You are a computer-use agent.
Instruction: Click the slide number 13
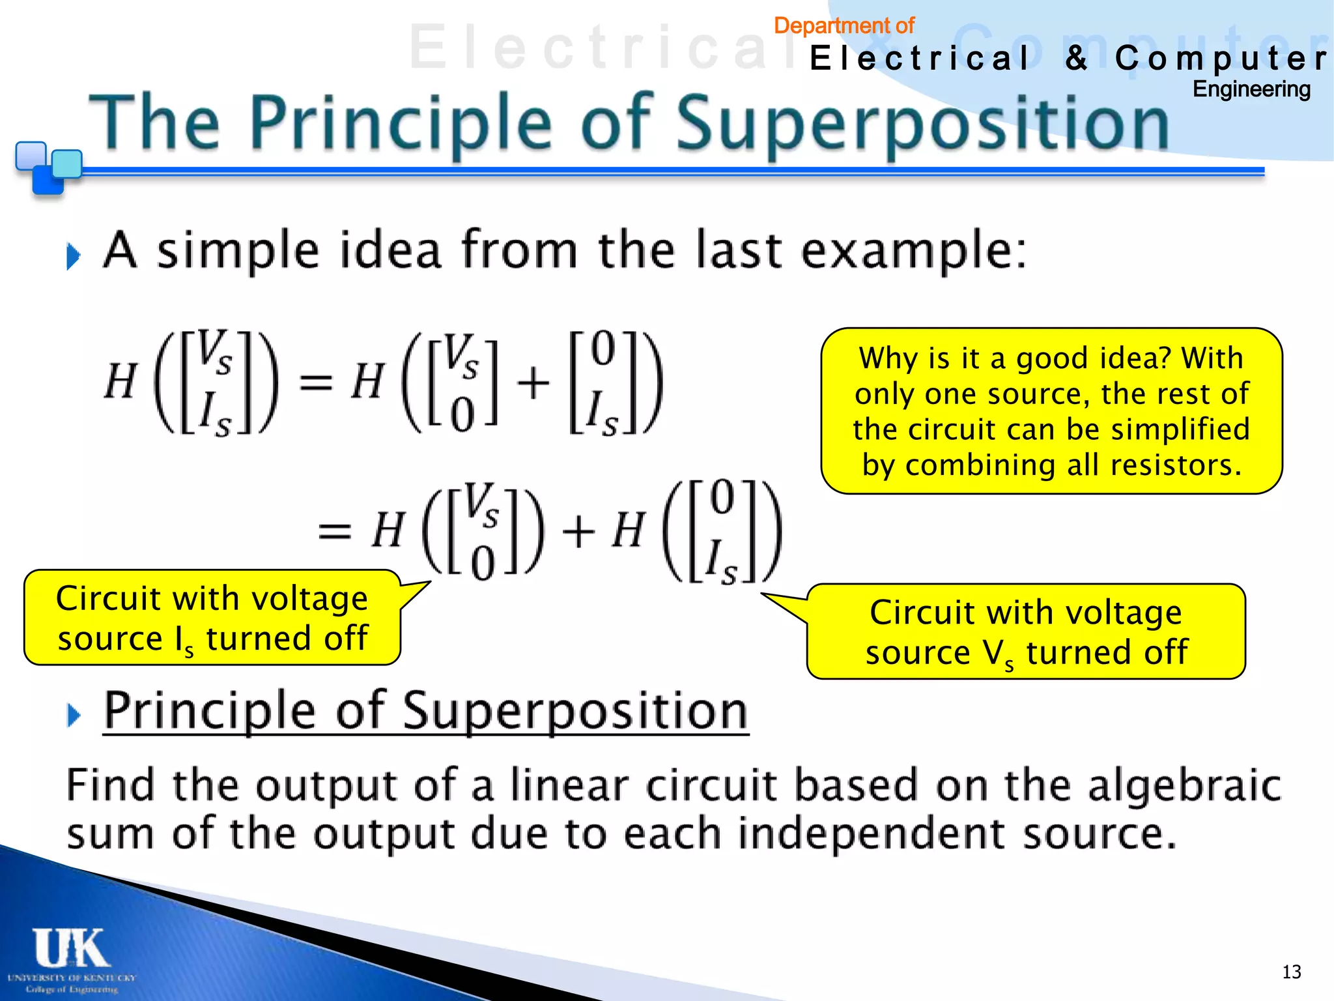tap(1291, 972)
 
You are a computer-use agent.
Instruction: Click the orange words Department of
tap(844, 25)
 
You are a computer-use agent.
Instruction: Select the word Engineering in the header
tap(1251, 89)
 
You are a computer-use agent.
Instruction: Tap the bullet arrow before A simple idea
tap(73, 256)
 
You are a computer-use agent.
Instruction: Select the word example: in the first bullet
tap(913, 251)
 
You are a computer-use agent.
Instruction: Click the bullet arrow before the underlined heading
tap(74, 715)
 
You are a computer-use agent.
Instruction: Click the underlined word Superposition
tap(575, 711)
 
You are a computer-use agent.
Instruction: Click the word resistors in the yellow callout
tap(1174, 465)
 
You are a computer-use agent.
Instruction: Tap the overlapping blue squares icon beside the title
tap(47, 167)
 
